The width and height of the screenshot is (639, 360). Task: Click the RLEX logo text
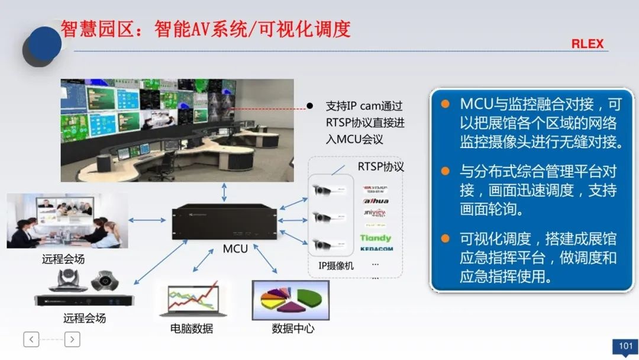click(587, 44)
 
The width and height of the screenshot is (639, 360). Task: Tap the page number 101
click(625, 346)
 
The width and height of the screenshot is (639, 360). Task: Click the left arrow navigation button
click(31, 339)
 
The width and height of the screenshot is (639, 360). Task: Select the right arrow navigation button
click(72, 339)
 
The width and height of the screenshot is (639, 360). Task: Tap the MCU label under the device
click(235, 249)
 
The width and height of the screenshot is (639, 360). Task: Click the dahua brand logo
click(376, 201)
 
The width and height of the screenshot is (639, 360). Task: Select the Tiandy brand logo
click(376, 237)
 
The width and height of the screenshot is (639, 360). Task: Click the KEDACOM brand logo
click(376, 249)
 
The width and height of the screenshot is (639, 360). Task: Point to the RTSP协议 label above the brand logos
click(380, 166)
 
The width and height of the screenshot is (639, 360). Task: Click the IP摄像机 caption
click(335, 266)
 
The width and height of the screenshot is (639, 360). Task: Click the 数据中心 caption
click(293, 328)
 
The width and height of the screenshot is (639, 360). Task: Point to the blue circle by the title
click(44, 43)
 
